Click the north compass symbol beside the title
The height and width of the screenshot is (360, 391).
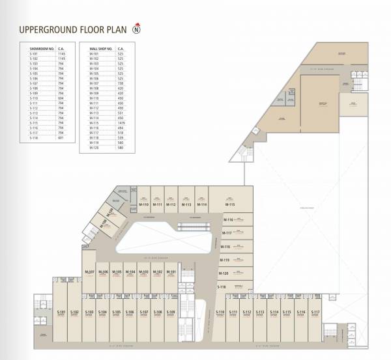[137, 28]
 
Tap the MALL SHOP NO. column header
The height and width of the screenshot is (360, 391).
[101, 49]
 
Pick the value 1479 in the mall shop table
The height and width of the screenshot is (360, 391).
[121, 122]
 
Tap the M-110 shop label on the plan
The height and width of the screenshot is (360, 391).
[144, 204]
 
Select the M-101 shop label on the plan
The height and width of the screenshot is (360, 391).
[172, 271]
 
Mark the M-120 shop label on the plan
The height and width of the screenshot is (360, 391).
[224, 273]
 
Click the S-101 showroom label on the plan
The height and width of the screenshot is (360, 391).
[60, 312]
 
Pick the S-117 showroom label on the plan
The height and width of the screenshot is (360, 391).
[315, 312]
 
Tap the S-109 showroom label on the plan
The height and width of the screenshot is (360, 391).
[171, 312]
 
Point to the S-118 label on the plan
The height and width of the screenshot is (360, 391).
[222, 287]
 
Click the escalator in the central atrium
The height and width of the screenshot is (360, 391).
[194, 228]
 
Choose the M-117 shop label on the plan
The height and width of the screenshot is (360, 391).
[227, 233]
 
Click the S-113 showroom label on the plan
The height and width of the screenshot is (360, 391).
[260, 312]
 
